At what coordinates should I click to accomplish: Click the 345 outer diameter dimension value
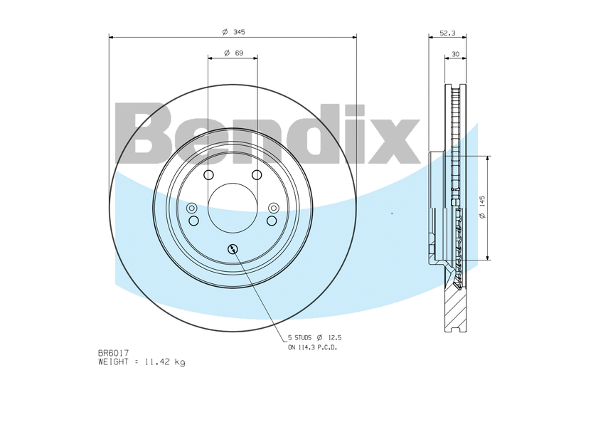[239, 32]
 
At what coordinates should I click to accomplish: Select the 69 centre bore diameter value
[239, 53]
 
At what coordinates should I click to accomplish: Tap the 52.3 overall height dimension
[447, 33]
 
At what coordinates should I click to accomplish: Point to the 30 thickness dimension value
[455, 54]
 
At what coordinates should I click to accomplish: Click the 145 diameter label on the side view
[483, 201]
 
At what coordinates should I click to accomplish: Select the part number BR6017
[114, 353]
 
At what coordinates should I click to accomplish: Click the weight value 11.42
[157, 362]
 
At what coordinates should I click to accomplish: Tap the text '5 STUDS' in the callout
[300, 337]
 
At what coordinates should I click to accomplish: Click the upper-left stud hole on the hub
[208, 175]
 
